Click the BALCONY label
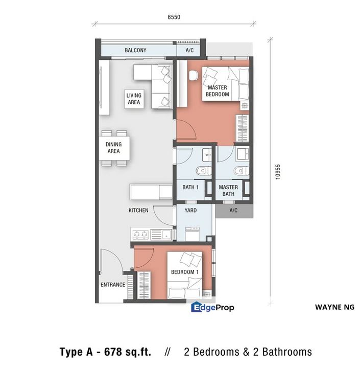coord(135,50)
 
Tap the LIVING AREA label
coord(134,99)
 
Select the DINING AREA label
coord(113,148)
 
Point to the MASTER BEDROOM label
coord(217,91)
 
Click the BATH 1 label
coord(190,188)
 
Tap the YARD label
coord(190,210)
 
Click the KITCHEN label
coord(138,210)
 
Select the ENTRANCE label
coord(112,285)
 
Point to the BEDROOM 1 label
coord(184,272)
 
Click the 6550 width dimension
coord(174,17)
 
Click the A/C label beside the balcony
coord(189,50)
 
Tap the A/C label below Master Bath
coord(233,210)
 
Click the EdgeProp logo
coord(212,307)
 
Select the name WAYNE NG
coord(334,307)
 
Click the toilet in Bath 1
coord(201,170)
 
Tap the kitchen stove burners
coord(140,235)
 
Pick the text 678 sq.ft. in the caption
coord(128,352)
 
